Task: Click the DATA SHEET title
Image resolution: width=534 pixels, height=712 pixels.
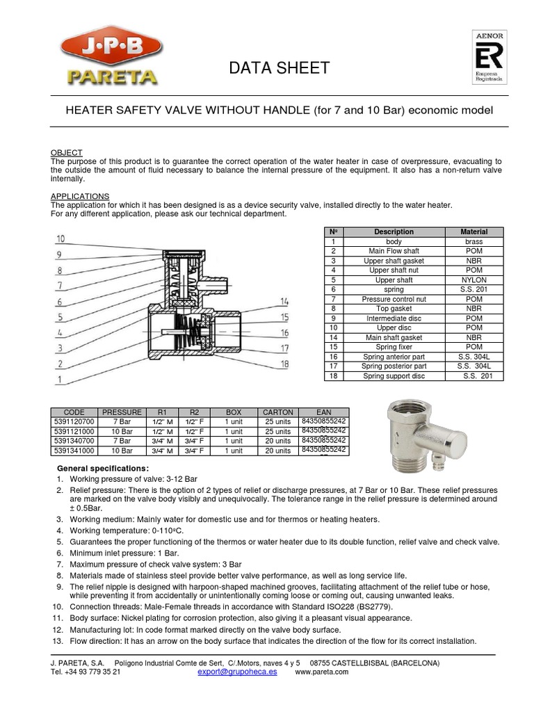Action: [280, 68]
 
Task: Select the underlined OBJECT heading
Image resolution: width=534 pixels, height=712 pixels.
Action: [67, 152]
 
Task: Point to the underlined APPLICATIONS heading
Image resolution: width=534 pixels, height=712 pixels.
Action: [79, 197]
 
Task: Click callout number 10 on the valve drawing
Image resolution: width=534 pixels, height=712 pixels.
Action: [60, 238]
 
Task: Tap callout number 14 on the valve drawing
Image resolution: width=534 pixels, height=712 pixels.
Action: [285, 301]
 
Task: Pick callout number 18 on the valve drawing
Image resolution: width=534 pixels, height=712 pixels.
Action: [285, 362]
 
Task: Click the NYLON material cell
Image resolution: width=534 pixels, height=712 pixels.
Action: [474, 280]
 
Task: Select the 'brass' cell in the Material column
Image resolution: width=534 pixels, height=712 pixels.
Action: [474, 241]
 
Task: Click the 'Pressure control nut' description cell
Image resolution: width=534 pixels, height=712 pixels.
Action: [394, 299]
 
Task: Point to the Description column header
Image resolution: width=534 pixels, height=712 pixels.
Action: [394, 232]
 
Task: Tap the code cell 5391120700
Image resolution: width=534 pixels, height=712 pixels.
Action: [74, 421]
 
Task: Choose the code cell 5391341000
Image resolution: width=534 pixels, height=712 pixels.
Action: [74, 451]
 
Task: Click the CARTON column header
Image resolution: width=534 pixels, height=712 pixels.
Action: [278, 412]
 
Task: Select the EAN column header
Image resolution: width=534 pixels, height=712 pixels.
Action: [324, 412]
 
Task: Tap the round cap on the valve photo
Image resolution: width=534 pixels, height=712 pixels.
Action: [455, 434]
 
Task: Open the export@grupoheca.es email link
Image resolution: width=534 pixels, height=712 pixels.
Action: [237, 672]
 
